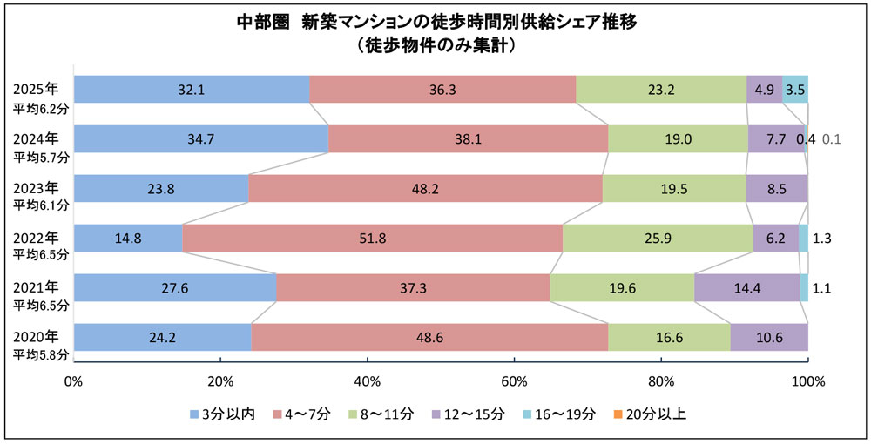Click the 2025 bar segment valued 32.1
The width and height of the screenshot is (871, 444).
[x=191, y=90]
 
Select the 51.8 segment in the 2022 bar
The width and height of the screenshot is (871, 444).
[x=372, y=239]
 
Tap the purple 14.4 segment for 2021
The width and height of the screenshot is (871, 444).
[x=746, y=288]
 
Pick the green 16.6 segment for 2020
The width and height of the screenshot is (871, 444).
[x=669, y=338]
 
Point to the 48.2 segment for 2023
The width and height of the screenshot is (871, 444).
[x=424, y=189]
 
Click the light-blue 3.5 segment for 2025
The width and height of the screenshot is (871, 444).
[x=794, y=90]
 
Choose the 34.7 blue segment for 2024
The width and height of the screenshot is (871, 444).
[x=200, y=139]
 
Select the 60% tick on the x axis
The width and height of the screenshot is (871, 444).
[x=514, y=380]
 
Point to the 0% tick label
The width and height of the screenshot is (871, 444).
[x=74, y=380]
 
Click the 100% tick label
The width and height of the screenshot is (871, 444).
[x=807, y=380]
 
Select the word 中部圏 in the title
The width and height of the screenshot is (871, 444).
[x=265, y=22]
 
